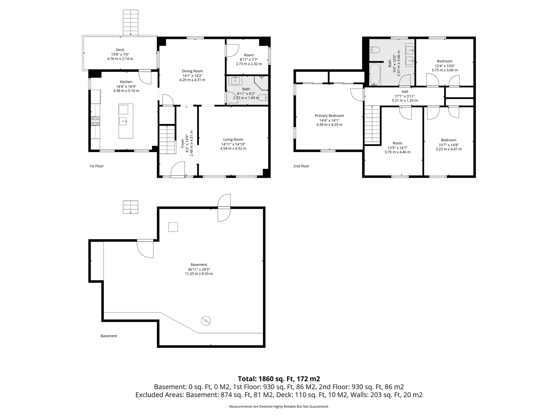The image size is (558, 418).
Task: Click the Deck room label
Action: click(120, 50)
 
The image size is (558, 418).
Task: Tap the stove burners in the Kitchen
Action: click(95, 121)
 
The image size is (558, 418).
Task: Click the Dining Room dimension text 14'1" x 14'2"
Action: click(192, 76)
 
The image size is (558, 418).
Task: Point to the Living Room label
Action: click(233, 140)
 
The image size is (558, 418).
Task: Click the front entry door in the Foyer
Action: click(178, 170)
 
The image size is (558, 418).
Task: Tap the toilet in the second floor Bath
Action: click(375, 50)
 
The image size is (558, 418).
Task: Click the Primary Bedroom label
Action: click(329, 116)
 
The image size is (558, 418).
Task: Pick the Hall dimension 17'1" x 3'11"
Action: click(405, 96)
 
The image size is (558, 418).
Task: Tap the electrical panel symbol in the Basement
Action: click(206, 321)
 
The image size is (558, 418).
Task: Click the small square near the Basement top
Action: click(173, 227)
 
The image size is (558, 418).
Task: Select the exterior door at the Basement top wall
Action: click(224, 208)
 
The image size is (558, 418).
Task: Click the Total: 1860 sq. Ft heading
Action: click(279, 379)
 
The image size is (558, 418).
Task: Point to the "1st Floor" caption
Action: click(96, 166)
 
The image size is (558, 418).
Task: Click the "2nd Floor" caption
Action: click(301, 166)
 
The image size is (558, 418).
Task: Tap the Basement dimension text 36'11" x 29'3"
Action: click(199, 269)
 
